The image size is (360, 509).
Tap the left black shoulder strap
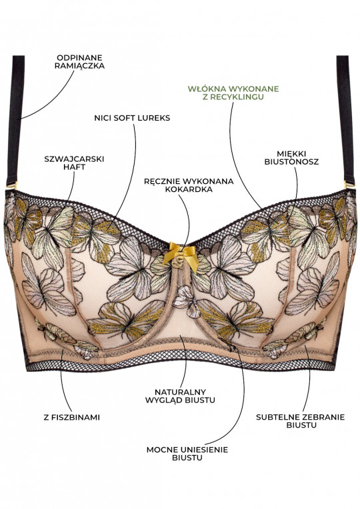click(x=16, y=120)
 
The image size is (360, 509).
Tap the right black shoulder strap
click(x=345, y=120)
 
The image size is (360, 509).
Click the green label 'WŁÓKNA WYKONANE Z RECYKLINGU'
click(x=233, y=93)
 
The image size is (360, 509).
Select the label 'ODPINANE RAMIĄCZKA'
click(x=79, y=62)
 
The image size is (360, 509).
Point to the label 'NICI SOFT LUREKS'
click(x=132, y=118)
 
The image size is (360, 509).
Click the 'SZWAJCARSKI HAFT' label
click(x=74, y=163)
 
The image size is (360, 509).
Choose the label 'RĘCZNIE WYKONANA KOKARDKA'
click(x=189, y=185)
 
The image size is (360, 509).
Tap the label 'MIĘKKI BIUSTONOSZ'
click(x=291, y=158)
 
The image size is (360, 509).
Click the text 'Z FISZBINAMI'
click(x=72, y=418)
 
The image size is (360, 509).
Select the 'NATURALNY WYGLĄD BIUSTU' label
click(x=180, y=396)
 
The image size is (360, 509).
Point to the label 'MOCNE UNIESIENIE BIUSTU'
click(x=187, y=454)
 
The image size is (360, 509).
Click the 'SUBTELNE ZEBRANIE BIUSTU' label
click(x=300, y=421)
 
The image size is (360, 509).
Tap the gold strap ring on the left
click(x=15, y=187)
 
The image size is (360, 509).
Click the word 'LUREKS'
click(x=154, y=118)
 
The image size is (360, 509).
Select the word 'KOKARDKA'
click(x=189, y=189)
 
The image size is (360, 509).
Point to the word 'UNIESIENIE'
click(x=206, y=450)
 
